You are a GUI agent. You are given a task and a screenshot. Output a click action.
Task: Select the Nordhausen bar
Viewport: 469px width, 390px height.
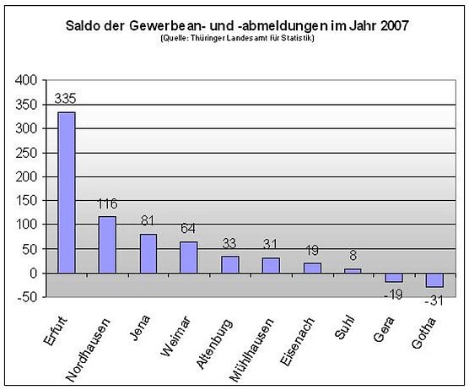[107, 245]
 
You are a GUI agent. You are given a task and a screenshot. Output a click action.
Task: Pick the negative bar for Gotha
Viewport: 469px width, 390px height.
[434, 281]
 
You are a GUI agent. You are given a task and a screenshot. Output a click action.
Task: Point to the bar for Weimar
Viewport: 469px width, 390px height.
[189, 257]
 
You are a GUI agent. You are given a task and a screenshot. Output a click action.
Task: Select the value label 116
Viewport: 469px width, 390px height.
[107, 204]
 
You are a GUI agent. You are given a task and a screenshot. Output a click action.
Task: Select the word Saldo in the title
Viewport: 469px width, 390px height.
[85, 25]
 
